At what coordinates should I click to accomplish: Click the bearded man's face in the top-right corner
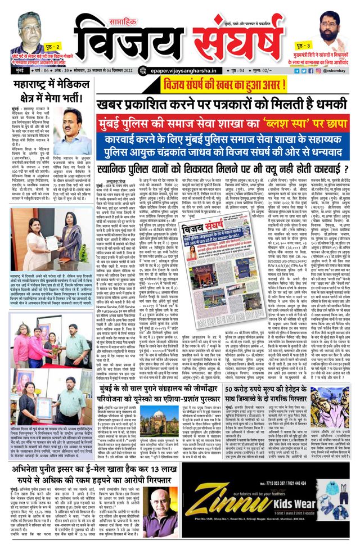[334, 26]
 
